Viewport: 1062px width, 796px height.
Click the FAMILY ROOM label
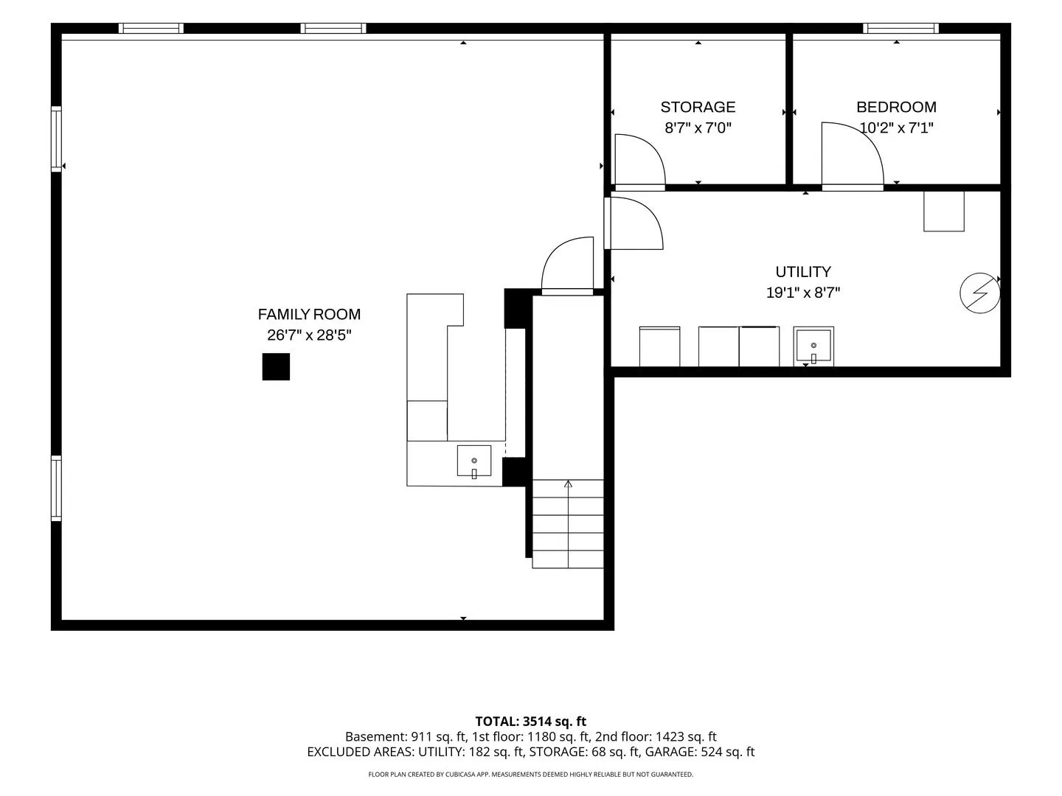tap(309, 314)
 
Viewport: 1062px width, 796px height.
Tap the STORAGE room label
tap(698, 107)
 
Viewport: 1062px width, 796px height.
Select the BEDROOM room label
tap(896, 107)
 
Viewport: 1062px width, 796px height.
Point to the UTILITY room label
tap(803, 272)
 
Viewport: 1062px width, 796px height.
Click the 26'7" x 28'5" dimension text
tap(309, 335)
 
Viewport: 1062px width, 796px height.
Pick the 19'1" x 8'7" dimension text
tap(803, 293)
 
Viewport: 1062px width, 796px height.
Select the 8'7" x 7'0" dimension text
tap(698, 128)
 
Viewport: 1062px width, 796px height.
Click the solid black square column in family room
tap(276, 366)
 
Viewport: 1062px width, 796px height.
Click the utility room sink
tap(813, 346)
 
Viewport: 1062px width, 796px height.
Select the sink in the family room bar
tap(474, 461)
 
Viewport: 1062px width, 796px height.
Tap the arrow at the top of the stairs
tap(568, 483)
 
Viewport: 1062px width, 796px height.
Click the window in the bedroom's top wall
tap(900, 29)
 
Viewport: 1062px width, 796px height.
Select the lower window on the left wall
tap(57, 488)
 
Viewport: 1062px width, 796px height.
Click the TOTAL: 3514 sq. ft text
tap(530, 722)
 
